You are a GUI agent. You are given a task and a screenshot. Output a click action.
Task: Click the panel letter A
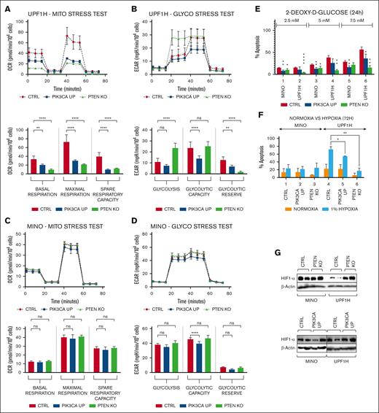coord(4,6)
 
